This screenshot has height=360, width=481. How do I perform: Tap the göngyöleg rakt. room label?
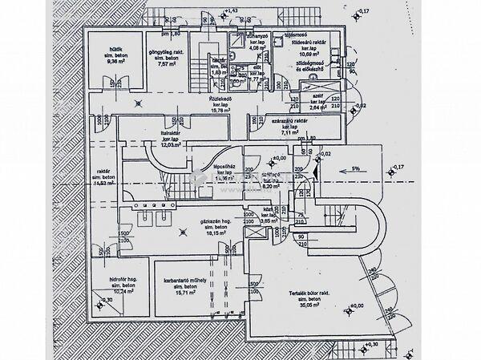pos(164,53)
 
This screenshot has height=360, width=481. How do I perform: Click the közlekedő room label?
pos(221,99)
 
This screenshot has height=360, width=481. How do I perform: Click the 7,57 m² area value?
pos(164,65)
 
